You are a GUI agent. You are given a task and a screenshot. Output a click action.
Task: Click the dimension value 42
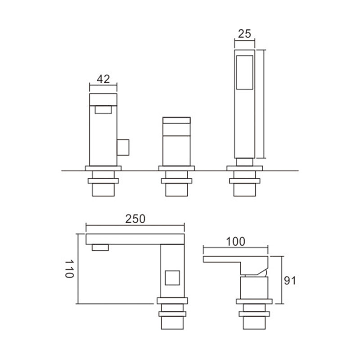coord(103,79)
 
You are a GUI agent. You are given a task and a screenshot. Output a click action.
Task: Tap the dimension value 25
coord(244,34)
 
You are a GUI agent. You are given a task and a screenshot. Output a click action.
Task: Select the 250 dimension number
coord(135,219)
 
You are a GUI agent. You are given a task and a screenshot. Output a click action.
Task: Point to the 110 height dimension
coord(69,269)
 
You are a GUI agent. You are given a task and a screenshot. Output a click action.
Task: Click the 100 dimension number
coord(235,242)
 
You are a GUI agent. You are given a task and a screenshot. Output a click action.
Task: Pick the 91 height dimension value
coord(290,280)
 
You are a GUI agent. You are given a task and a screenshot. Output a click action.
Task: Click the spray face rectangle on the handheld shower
coord(245,72)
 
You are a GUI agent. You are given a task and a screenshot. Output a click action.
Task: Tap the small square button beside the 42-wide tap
coord(123,147)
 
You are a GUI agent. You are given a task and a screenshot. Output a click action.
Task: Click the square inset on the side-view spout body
coord(172,278)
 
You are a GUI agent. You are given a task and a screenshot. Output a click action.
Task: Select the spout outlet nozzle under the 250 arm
coord(100,247)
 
